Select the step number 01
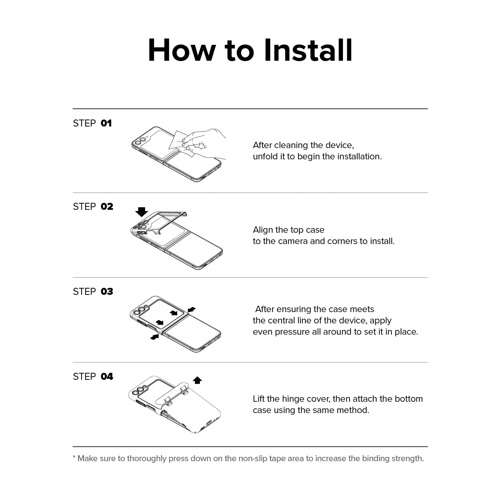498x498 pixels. coord(106,124)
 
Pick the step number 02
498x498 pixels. coord(107,207)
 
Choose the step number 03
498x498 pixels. coord(107,292)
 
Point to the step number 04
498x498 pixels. coord(107,377)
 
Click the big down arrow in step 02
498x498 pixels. coord(142,212)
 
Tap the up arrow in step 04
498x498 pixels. coord(198,380)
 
